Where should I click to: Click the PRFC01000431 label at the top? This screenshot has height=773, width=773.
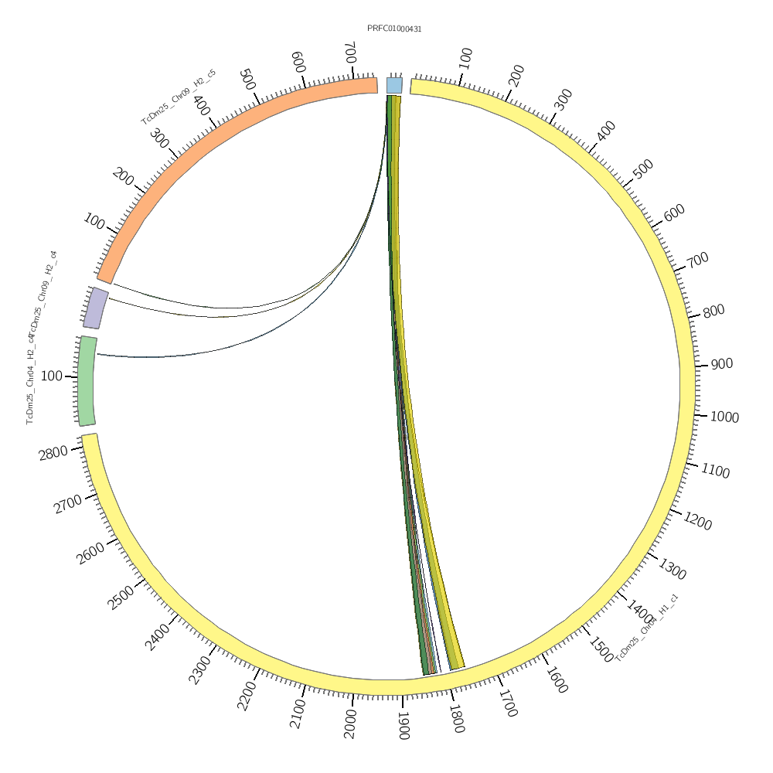coord(394,29)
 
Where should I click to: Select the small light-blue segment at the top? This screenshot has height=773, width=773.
coord(394,85)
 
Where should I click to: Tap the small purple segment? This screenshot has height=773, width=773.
coord(96,308)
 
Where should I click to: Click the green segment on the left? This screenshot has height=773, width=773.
coord(87,380)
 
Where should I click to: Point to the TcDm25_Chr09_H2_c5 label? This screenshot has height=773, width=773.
coord(179,97)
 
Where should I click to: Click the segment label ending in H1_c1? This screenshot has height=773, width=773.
coord(647,628)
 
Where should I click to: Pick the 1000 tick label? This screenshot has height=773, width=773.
coord(724,417)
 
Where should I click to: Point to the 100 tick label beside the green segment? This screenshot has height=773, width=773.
coord(52,376)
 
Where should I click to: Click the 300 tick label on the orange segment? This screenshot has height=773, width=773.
coord(160,139)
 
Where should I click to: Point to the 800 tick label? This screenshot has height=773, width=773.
coord(713,311)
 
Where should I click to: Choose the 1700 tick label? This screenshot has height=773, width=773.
coord(507,704)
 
